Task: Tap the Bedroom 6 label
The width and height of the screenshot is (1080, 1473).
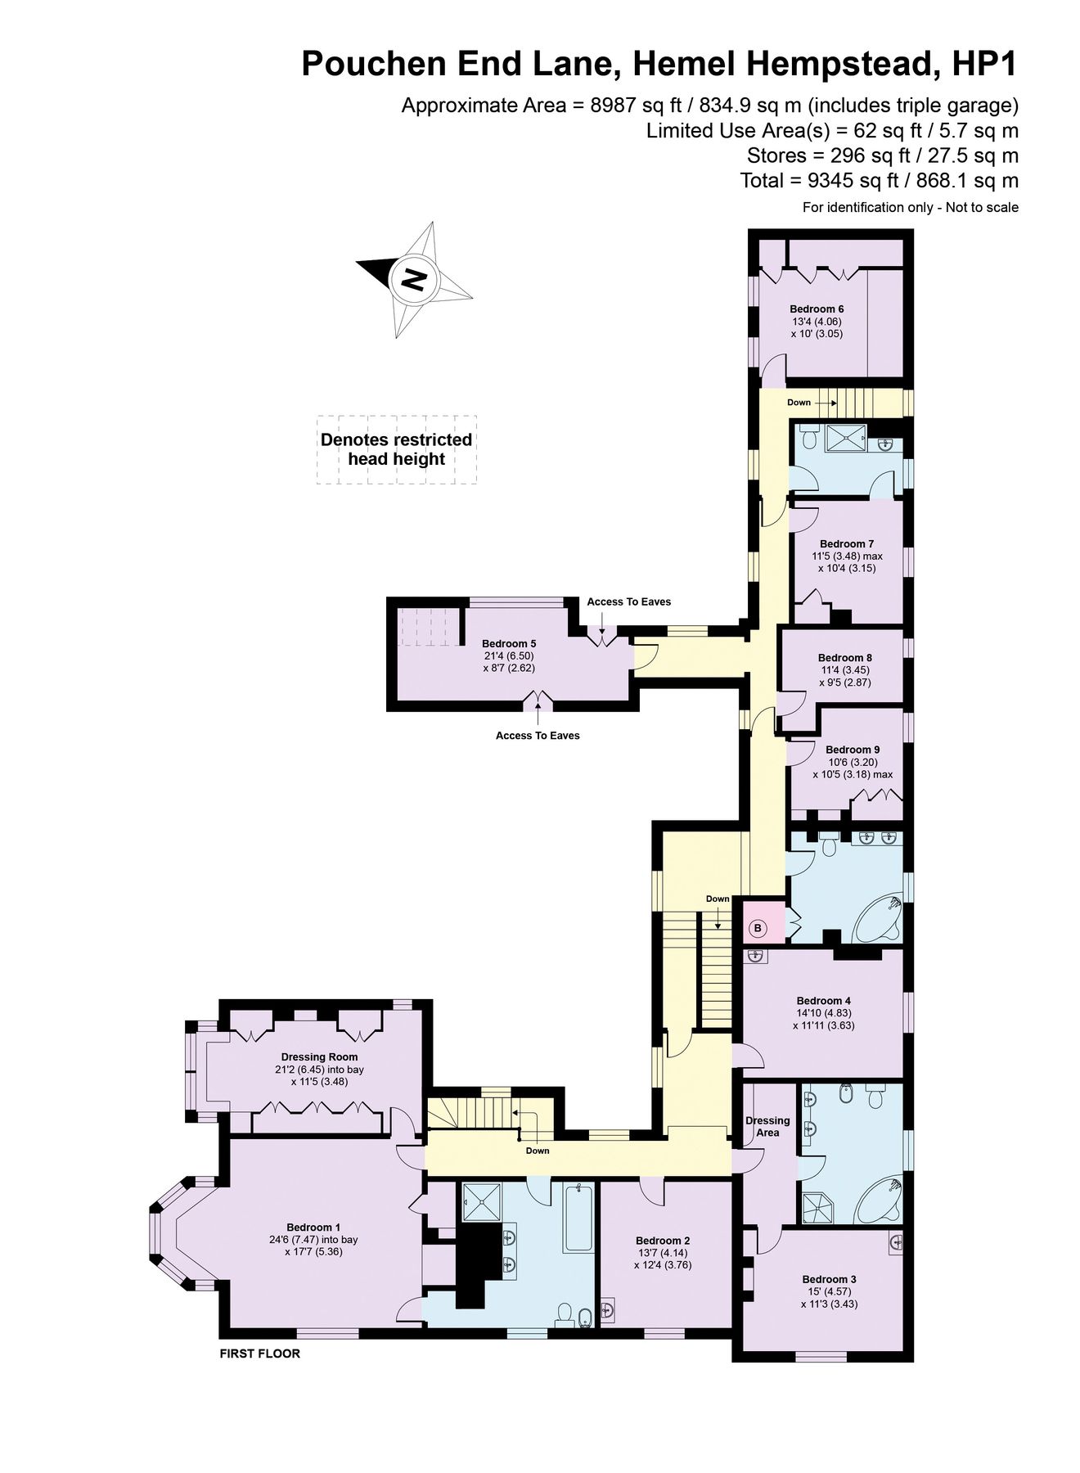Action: (x=816, y=309)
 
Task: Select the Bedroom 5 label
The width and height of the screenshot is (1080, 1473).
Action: (x=508, y=643)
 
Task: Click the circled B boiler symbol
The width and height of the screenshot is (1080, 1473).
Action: (x=758, y=928)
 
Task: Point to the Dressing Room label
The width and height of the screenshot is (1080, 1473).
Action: (x=319, y=1056)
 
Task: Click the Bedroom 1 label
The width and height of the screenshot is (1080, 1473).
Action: (x=313, y=1227)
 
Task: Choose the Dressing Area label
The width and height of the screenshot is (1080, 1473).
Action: (x=767, y=1126)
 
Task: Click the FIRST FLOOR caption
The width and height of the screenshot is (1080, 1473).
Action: (x=259, y=1354)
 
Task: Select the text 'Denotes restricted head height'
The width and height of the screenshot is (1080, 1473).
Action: (x=396, y=449)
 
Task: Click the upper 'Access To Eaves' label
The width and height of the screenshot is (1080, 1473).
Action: (x=628, y=601)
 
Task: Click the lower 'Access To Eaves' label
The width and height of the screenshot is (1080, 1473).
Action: (x=538, y=736)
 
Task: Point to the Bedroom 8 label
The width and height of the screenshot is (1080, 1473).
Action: (x=844, y=657)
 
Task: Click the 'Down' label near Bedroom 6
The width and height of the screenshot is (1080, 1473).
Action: (x=799, y=402)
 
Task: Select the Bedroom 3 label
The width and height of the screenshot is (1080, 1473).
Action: (x=829, y=1279)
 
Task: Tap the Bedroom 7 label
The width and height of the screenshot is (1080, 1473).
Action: (x=847, y=543)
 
